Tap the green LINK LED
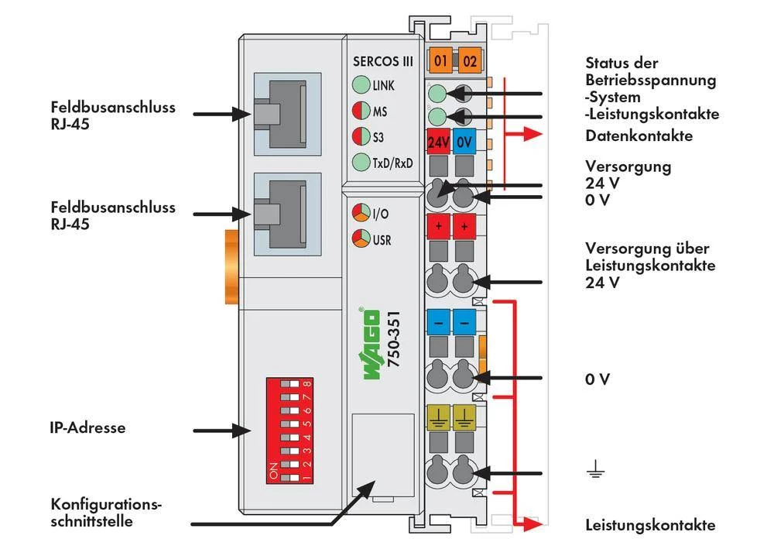360,85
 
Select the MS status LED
360,111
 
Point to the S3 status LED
360,136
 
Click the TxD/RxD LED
360,162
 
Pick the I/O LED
360,212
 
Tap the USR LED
360,238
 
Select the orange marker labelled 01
440,60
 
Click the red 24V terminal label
439,142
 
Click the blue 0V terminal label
464,142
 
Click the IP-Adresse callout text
87,427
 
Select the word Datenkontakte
639,136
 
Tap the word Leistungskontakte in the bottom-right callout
650,525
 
